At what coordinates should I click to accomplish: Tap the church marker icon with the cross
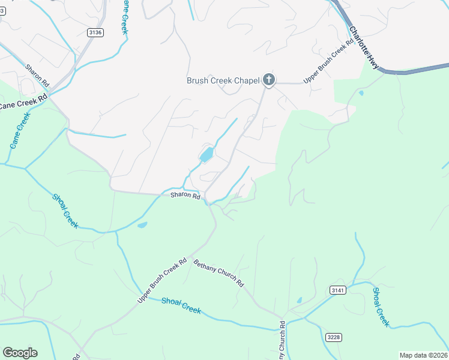pyautogui.click(x=269, y=79)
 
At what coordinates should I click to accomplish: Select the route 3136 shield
pyautogui.click(x=95, y=32)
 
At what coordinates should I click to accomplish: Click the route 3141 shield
pyautogui.click(x=338, y=290)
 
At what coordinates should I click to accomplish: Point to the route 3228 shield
pyautogui.click(x=334, y=337)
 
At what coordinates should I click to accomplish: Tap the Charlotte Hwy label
pyautogui.click(x=365, y=48)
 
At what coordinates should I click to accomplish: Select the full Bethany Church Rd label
pyautogui.click(x=218, y=272)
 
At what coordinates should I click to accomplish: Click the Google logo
pyautogui.click(x=20, y=353)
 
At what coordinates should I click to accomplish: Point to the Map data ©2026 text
pyautogui.click(x=424, y=355)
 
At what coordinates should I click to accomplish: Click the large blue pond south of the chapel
pyautogui.click(x=206, y=155)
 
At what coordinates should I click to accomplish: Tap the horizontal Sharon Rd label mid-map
pyautogui.click(x=184, y=195)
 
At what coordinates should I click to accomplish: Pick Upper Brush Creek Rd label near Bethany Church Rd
pyautogui.click(x=163, y=280)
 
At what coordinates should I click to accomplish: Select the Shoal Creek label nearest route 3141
pyautogui.click(x=381, y=307)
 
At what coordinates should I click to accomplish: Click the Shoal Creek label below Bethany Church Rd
pyautogui.click(x=181, y=306)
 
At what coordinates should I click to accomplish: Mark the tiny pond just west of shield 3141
pyautogui.click(x=299, y=300)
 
